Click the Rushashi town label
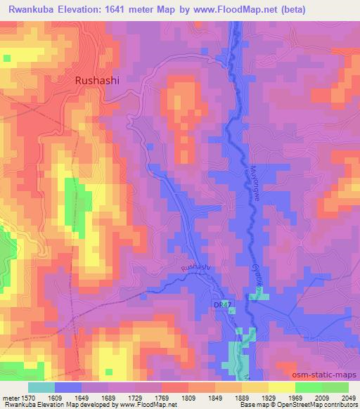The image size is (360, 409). point(97,80)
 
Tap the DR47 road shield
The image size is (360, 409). point(221,303)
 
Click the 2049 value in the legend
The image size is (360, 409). point(348,397)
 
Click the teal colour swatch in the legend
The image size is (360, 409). point(41,387)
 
